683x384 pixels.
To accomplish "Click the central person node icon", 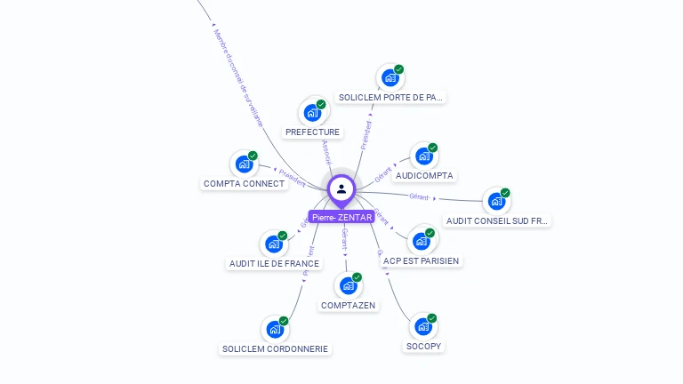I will pyautogui.click(x=341, y=188).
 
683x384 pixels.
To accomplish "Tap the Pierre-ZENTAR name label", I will pyautogui.click(x=341, y=217).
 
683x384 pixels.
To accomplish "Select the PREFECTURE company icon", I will pyautogui.click(x=312, y=113).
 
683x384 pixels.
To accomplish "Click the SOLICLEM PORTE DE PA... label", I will pyautogui.click(x=390, y=97).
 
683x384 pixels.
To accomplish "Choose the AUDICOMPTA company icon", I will pyautogui.click(x=423, y=156).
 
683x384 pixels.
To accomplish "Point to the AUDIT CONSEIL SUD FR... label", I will pyautogui.click(x=497, y=220).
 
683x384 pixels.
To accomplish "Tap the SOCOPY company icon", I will pyautogui.click(x=423, y=327).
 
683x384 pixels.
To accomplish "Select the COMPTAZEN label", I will pyautogui.click(x=349, y=305).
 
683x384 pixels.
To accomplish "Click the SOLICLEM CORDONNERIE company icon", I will pyautogui.click(x=275, y=330).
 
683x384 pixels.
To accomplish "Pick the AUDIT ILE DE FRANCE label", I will pyautogui.click(x=274, y=263).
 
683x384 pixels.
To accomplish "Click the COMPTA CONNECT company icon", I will pyautogui.click(x=244, y=164).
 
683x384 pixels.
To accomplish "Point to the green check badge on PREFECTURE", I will pyautogui.click(x=321, y=104).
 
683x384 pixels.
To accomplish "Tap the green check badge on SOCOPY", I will pyautogui.click(x=432, y=318).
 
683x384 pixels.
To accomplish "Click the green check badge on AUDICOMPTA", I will pyautogui.click(x=432, y=148).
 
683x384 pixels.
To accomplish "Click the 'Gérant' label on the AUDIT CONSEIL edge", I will pyautogui.click(x=419, y=196).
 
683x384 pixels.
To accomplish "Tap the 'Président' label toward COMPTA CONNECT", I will pyautogui.click(x=292, y=178).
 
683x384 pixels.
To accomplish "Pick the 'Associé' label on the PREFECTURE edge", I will pyautogui.click(x=326, y=151).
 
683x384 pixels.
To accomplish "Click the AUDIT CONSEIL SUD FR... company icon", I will pyautogui.click(x=495, y=201).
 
